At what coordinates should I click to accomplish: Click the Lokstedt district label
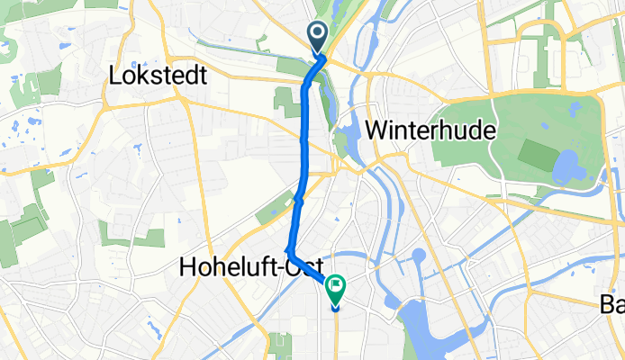pos(158,76)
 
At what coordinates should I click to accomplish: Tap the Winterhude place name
pos(433,130)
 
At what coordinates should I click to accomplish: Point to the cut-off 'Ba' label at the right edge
pos(612,305)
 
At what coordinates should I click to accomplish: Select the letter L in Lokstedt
pos(114,76)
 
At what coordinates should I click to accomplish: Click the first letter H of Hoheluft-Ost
pos(187,267)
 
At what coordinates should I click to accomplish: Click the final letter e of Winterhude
pos(491,131)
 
